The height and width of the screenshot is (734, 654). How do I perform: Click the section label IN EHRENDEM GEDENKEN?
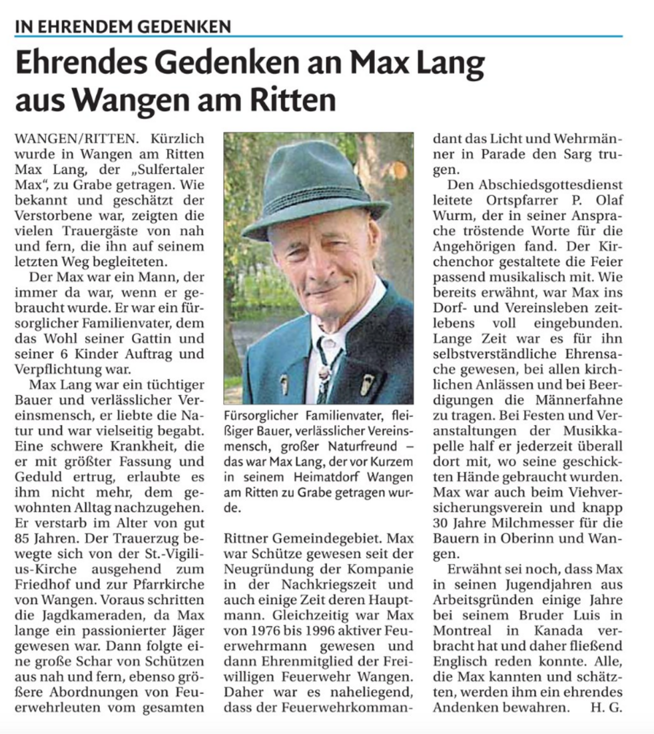pos(123,27)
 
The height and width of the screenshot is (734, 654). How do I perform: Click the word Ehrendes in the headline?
pos(93,65)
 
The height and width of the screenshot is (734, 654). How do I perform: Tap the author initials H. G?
pos(606,707)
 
